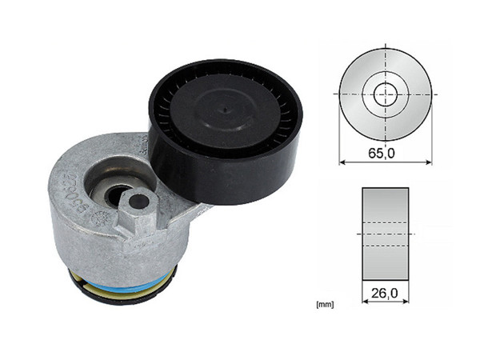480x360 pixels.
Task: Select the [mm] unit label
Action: click(325, 305)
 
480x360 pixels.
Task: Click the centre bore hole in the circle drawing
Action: click(386, 94)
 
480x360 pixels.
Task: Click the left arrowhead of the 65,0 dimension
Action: click(342, 162)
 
